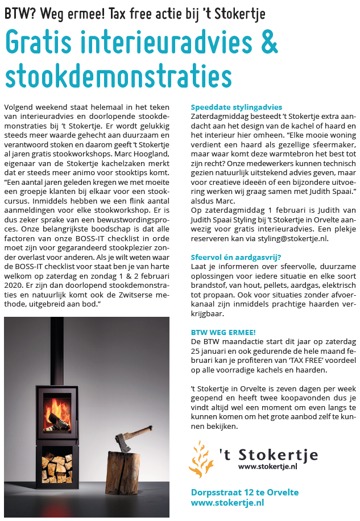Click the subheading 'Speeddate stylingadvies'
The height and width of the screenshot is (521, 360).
click(237, 107)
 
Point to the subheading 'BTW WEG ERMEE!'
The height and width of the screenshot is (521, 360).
click(223, 332)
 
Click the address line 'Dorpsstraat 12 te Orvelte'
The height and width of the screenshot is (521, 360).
click(245, 493)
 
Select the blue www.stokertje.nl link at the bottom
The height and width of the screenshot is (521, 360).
click(227, 503)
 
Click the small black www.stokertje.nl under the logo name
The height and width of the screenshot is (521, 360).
click(268, 466)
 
